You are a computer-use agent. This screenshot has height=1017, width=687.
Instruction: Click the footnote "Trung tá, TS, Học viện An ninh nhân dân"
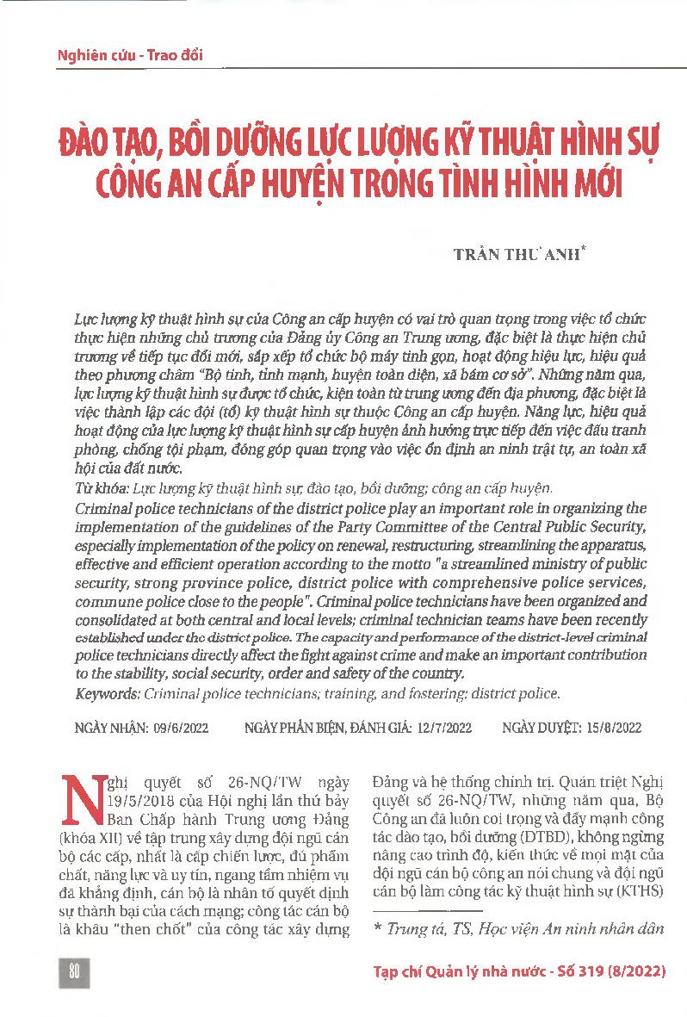(x=523, y=929)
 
